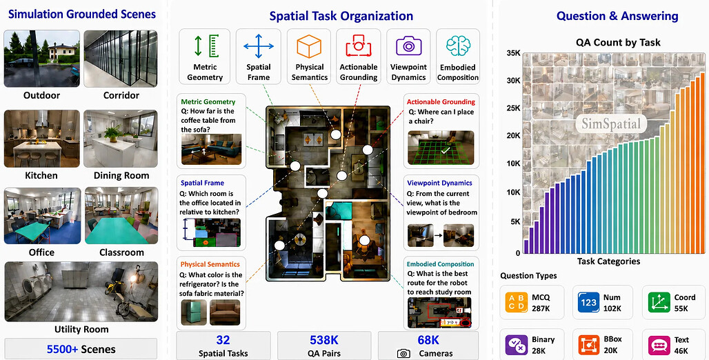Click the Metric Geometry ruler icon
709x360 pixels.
(206, 46)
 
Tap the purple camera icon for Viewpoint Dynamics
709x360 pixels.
(409, 46)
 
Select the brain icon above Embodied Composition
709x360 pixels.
(457, 46)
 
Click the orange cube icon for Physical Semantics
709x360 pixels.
(309, 46)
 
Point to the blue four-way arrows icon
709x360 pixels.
(259, 46)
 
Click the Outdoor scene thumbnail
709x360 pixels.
(42, 59)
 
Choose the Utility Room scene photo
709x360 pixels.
(81, 292)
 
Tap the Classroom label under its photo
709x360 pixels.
(121, 252)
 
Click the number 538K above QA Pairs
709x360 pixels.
(324, 339)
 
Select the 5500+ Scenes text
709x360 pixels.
(81, 349)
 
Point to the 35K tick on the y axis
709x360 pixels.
(513, 53)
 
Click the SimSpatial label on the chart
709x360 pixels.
(611, 123)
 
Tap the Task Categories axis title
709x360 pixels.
(608, 261)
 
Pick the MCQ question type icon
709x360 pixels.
(516, 303)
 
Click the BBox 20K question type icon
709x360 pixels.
(589, 345)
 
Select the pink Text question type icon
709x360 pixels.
(659, 345)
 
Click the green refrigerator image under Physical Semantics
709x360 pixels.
(194, 312)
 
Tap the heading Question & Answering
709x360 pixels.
(617, 17)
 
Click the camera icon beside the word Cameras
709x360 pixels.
(403, 353)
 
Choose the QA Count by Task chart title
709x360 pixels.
(618, 43)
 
